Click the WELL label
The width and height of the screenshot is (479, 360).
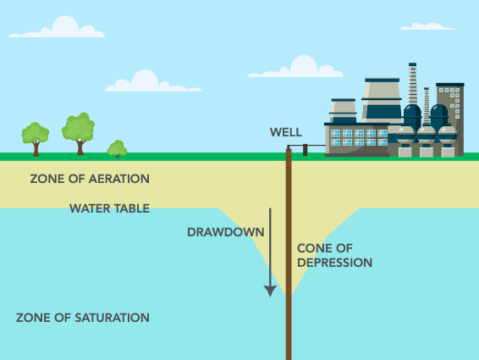tap(285, 132)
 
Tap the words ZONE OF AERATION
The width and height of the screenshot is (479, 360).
tap(90, 180)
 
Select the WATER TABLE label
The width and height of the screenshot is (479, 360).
tap(109, 208)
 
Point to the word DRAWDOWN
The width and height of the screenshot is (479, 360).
tap(225, 231)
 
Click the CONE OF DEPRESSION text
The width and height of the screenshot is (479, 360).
tap(334, 256)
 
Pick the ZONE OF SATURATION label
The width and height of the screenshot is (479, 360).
tap(83, 318)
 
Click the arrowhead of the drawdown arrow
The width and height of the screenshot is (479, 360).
tap(270, 291)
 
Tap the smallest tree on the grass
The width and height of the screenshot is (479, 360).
tap(118, 149)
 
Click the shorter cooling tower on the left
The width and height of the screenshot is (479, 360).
tap(344, 111)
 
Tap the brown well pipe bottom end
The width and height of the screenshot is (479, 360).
tap(289, 354)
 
